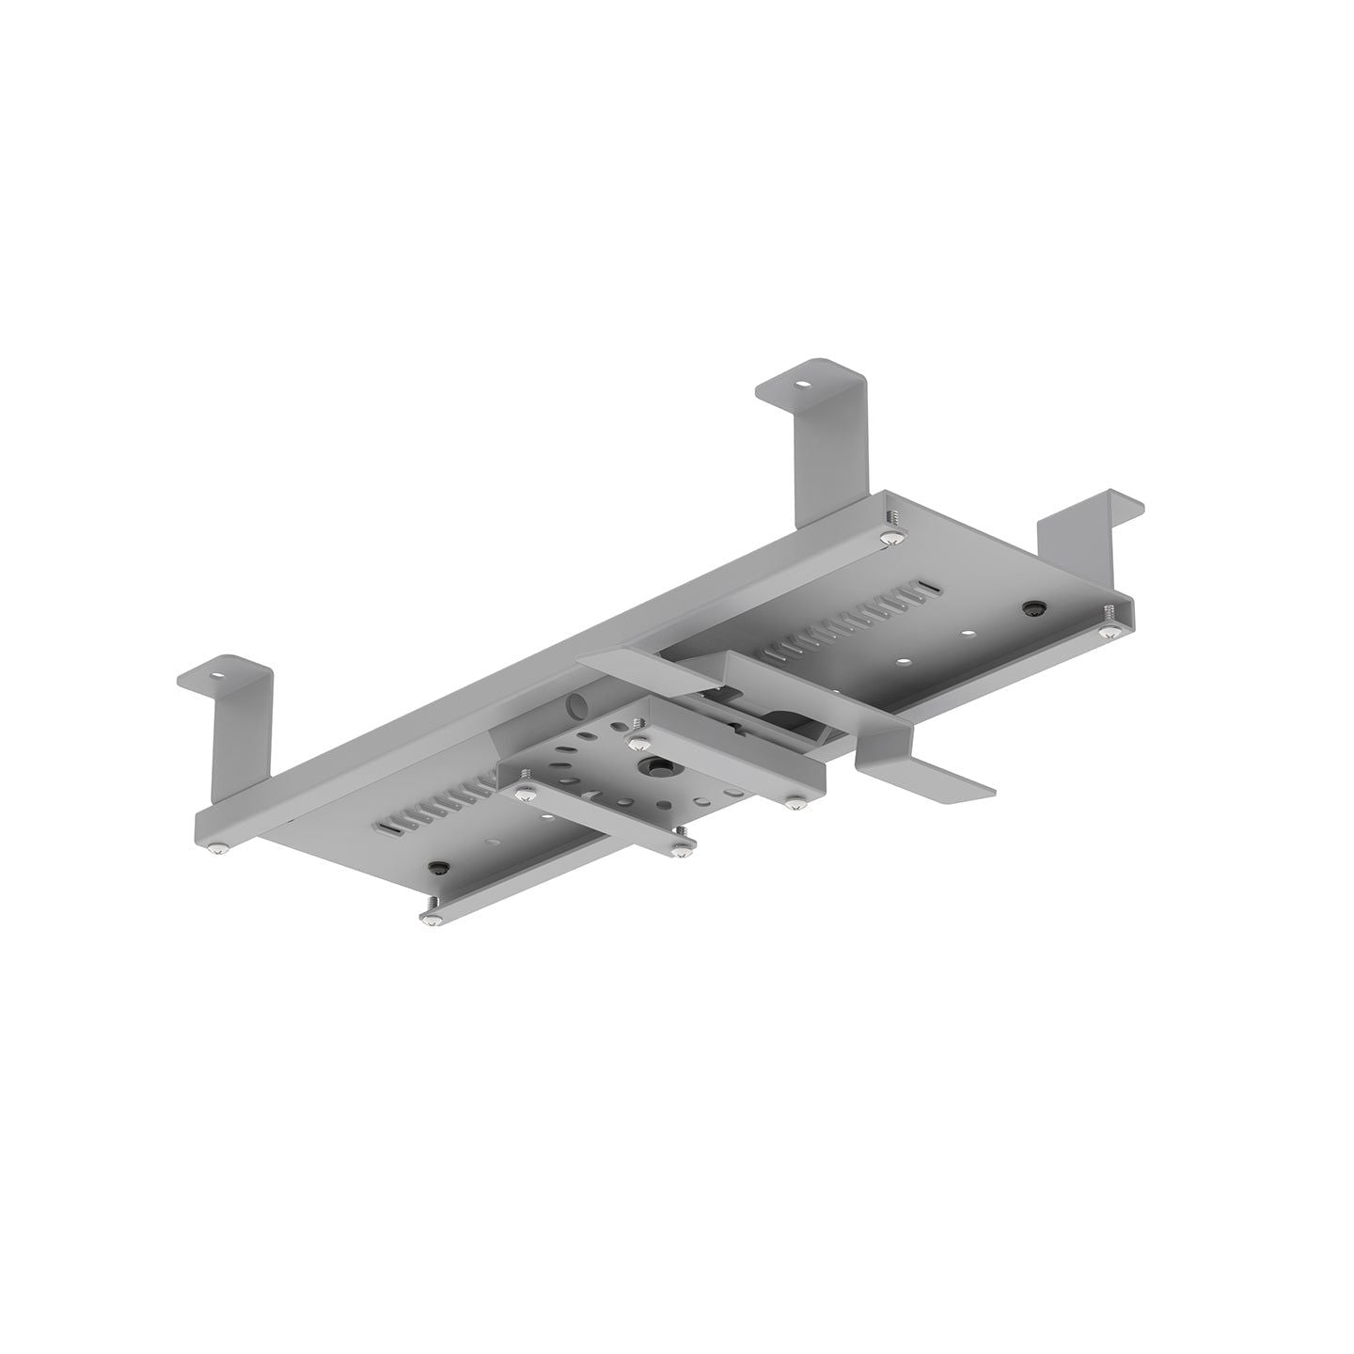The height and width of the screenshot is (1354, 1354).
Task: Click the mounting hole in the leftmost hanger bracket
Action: pos(218,674)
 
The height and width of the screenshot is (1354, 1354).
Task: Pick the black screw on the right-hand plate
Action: pos(1034,608)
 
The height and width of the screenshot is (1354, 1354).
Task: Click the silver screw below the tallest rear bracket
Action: pos(890,537)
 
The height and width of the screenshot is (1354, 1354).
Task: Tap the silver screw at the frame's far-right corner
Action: pos(1110,632)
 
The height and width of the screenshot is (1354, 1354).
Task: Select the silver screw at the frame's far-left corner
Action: pos(218,849)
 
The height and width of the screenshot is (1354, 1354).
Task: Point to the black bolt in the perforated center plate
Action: pos(650,767)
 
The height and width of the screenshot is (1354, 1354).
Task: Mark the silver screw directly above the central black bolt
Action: pos(637,725)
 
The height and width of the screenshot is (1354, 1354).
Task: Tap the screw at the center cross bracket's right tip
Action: pos(797,802)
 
